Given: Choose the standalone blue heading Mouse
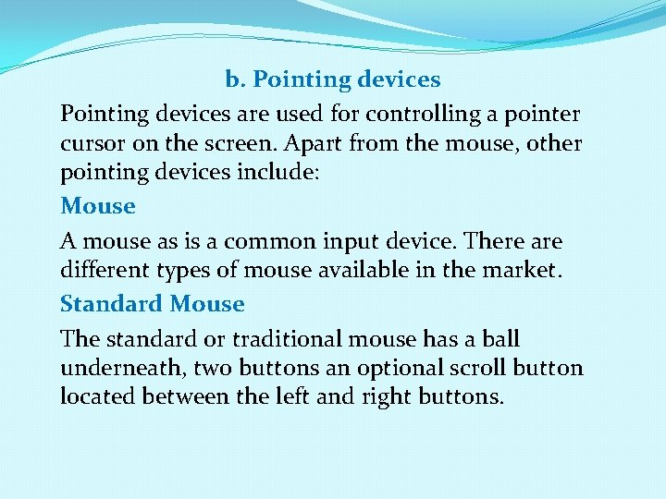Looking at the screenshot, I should click(98, 205).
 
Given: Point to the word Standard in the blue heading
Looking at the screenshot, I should click(112, 303).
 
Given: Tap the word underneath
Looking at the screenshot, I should click(123, 368).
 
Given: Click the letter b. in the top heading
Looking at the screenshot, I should click(236, 79).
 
